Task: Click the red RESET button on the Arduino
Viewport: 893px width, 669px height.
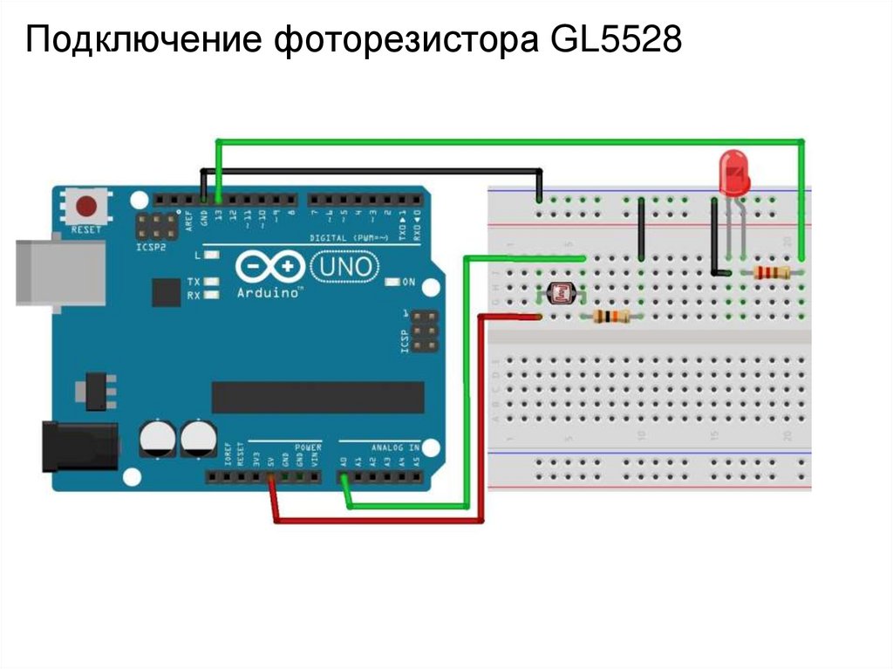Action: click(x=86, y=207)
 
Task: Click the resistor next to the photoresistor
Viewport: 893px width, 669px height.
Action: click(x=610, y=316)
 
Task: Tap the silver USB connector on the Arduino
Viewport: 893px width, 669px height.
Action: click(x=59, y=272)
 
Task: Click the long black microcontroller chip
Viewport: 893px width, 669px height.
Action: click(x=317, y=397)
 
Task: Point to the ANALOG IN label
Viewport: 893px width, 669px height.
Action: click(x=395, y=447)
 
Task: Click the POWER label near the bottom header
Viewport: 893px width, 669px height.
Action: click(x=308, y=447)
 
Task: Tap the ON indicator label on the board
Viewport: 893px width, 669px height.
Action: click(x=407, y=282)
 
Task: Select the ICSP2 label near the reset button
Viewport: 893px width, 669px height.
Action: click(x=150, y=247)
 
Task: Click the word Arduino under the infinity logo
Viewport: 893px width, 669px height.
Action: click(x=269, y=294)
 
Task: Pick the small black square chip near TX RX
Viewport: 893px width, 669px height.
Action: click(x=165, y=291)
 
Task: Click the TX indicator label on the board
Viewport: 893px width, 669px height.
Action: click(x=193, y=282)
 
